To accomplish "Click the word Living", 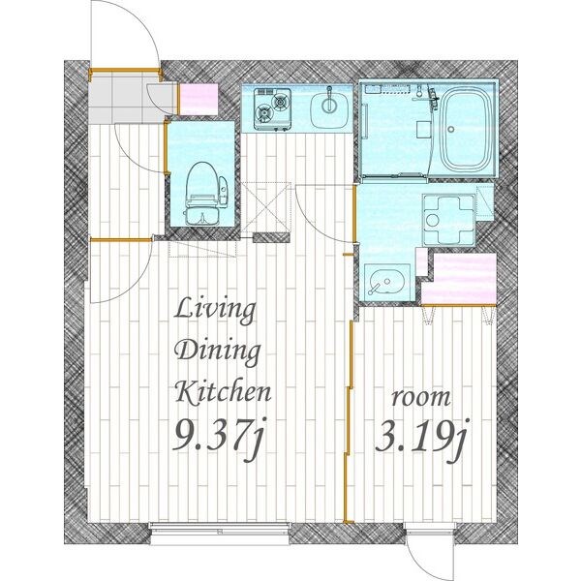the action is pos(215,311).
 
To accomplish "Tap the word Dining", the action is pos(218,352).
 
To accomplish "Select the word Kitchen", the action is pos(223,392).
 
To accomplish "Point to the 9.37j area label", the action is pos(220,438).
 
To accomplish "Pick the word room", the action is pos(421,398).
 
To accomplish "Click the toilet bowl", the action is pos(202,194).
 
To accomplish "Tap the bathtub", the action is pos(466,130).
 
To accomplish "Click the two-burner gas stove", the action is pos(272,109).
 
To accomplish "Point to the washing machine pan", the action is pos(448,220).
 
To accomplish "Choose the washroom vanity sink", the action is pos(386,283).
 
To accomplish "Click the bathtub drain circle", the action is pos(451,130).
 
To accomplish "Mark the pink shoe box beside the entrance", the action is pos(199,100).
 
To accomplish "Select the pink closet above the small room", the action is pos(460,279).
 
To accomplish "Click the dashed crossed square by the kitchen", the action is pos(266,208).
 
